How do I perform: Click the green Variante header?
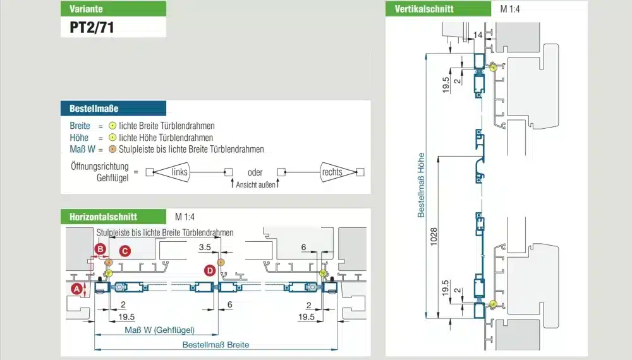point(113,9)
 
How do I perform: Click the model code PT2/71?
point(92,27)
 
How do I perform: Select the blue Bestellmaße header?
point(113,109)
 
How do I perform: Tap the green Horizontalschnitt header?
point(113,217)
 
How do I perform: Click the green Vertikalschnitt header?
point(438,9)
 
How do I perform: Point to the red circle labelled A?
point(76,289)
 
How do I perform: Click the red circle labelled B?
point(100,249)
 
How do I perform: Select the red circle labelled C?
point(125,251)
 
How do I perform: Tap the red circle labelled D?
point(210,270)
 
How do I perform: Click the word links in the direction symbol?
point(179,172)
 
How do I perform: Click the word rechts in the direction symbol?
point(332,172)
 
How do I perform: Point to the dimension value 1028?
point(434,237)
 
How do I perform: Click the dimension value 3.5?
point(205,247)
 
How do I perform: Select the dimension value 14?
point(478,35)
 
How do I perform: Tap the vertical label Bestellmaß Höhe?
point(421,185)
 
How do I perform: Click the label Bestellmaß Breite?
point(216,345)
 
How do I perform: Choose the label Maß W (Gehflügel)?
point(160,330)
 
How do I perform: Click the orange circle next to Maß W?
point(112,150)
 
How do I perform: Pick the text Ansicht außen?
point(255,185)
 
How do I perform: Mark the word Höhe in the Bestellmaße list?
point(79,138)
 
